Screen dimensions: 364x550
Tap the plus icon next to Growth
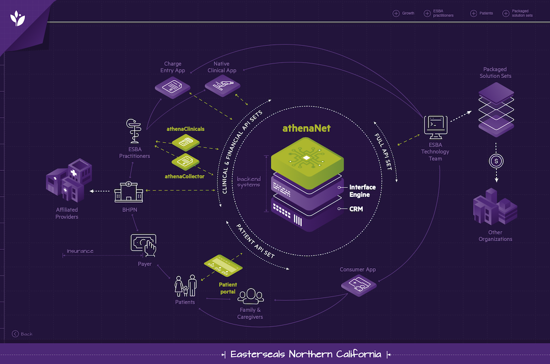(x=396, y=13)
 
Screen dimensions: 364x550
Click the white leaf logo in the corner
(x=17, y=19)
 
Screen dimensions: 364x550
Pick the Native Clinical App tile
(x=222, y=87)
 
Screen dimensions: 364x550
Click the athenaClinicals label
(x=185, y=129)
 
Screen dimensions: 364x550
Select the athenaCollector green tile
(x=185, y=162)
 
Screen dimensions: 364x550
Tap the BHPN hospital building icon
(x=129, y=191)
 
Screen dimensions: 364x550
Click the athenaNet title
(x=307, y=128)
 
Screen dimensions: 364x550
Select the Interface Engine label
(x=362, y=191)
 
